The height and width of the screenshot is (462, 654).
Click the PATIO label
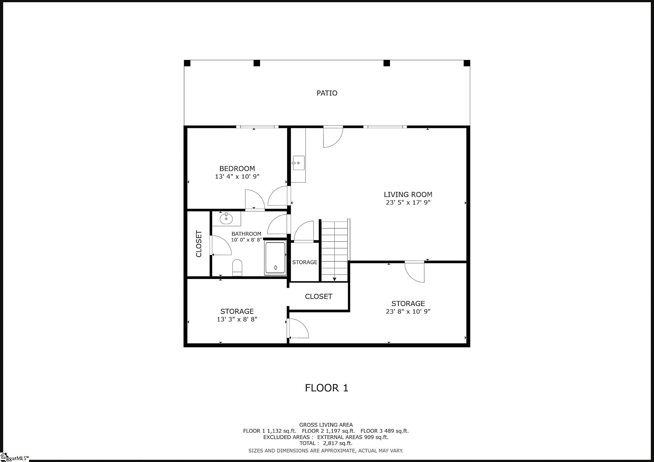tap(327, 93)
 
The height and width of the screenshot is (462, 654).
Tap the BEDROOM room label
tap(237, 168)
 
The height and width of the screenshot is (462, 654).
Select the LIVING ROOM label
tap(408, 194)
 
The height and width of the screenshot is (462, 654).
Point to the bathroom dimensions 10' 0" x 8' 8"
tap(247, 240)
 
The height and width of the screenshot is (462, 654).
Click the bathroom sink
tap(226, 218)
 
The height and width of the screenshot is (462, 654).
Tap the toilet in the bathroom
tap(237, 267)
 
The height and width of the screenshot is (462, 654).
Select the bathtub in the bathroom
tap(275, 258)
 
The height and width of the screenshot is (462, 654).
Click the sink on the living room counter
tap(298, 163)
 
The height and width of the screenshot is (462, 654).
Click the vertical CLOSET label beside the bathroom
tap(199, 244)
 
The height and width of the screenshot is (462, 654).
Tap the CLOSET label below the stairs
tap(318, 296)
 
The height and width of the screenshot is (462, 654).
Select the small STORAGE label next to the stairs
tap(305, 262)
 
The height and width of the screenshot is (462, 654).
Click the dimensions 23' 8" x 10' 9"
tap(408, 312)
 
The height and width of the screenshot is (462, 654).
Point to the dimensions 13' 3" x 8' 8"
tap(237, 319)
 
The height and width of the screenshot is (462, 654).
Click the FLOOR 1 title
tap(327, 388)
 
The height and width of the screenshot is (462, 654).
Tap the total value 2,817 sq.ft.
tap(338, 443)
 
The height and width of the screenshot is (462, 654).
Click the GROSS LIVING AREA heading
tap(326, 425)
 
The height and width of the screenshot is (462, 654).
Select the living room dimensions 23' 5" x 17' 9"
tap(408, 203)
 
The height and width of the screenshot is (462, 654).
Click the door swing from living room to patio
tap(333, 137)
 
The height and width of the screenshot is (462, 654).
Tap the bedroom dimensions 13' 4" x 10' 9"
tap(237, 177)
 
